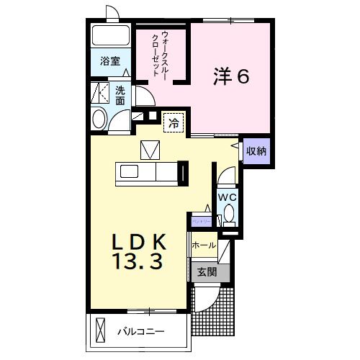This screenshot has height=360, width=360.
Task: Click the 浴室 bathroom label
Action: (x=110, y=61)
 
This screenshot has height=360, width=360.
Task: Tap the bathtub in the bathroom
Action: (x=110, y=35)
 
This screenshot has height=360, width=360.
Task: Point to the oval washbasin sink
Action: (x=100, y=119)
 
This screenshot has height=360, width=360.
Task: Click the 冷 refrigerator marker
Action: (x=174, y=123)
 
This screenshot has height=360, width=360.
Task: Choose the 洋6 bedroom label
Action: (x=230, y=76)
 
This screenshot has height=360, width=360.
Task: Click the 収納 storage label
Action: (x=256, y=151)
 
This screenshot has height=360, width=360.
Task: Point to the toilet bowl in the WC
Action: (x=229, y=213)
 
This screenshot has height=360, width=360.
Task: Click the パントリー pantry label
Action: (x=201, y=222)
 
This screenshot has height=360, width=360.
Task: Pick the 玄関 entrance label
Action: (x=207, y=272)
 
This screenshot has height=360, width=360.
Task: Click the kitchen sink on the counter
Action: (x=130, y=172)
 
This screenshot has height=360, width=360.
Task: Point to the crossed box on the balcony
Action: (x=99, y=332)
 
